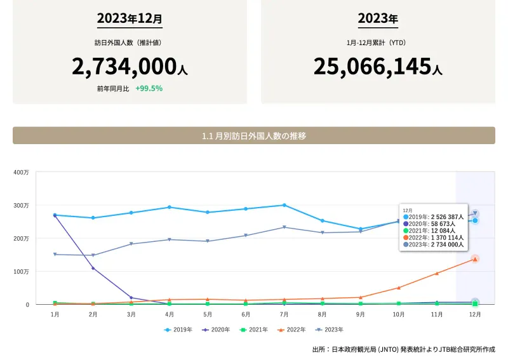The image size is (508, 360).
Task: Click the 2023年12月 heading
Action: click(x=130, y=18)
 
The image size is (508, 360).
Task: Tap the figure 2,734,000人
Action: click(x=130, y=66)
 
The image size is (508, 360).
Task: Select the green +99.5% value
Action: click(x=149, y=88)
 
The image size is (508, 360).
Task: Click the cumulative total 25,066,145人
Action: click(x=378, y=66)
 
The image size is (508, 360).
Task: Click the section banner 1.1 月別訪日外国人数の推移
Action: click(x=253, y=136)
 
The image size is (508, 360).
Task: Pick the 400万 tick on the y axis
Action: click(x=21, y=172)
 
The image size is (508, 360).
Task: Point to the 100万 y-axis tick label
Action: click(x=21, y=272)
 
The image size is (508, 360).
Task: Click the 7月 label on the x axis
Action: click(x=284, y=314)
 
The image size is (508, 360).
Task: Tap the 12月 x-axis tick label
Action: click(x=474, y=314)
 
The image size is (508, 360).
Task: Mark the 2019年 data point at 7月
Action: click(x=284, y=205)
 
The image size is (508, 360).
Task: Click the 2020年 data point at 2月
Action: click(x=93, y=268)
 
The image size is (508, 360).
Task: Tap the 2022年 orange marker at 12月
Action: click(x=474, y=259)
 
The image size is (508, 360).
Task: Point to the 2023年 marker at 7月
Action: click(x=284, y=227)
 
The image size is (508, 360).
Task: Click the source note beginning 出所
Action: click(x=403, y=349)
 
